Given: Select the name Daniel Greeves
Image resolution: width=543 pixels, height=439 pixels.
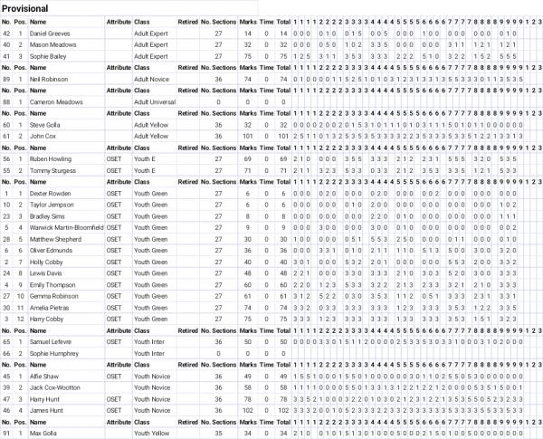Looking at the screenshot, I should pyautogui.click(x=50, y=33).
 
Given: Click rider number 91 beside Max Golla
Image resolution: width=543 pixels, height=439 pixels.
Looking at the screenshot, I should pyautogui.click(x=7, y=434).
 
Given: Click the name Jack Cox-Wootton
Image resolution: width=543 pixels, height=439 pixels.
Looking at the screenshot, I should pyautogui.click(x=56, y=387).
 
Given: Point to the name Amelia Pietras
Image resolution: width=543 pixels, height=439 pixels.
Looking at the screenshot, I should pyautogui.click(x=49, y=308).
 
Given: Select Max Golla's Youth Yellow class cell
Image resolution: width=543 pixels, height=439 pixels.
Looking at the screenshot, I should pyautogui.click(x=150, y=434).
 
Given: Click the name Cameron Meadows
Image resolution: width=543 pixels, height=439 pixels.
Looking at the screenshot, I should pyautogui.click(x=56, y=102).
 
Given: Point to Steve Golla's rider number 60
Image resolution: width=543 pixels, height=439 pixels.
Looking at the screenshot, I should pyautogui.click(x=7, y=125).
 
